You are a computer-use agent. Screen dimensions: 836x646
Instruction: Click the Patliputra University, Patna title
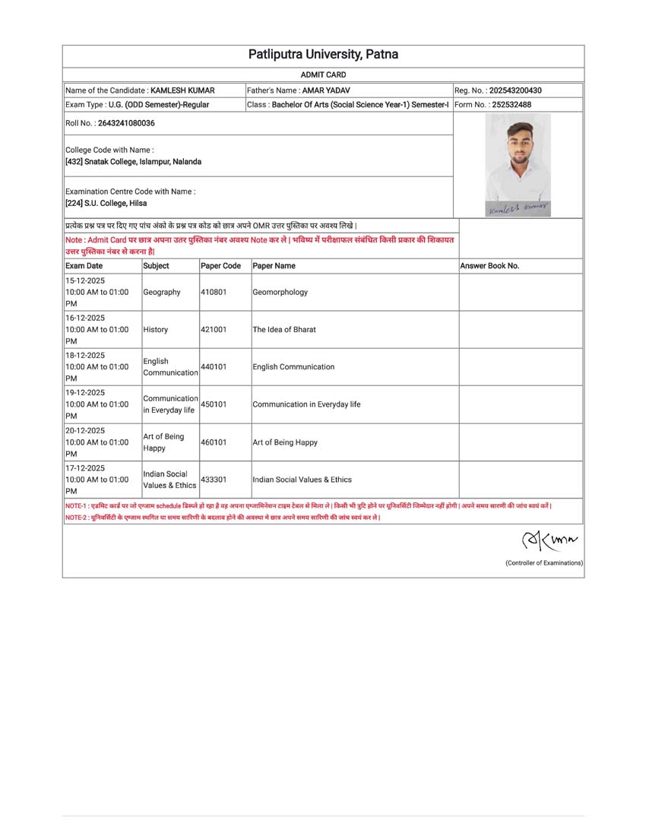point(323,55)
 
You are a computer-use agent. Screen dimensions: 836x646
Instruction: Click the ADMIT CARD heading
point(323,74)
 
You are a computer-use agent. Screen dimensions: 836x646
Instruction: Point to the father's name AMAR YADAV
point(326,90)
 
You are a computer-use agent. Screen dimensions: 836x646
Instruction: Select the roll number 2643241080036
point(126,123)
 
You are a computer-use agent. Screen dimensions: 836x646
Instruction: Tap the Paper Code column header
point(220,266)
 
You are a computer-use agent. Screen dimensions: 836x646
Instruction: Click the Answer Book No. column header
point(489,266)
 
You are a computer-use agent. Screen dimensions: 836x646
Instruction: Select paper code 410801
point(214,292)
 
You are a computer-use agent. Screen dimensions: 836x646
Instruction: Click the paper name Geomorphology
point(280,292)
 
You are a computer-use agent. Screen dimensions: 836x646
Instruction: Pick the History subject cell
point(156,330)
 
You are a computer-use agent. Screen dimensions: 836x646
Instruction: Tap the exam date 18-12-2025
point(85,356)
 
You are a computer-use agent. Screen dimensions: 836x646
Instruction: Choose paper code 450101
point(214,404)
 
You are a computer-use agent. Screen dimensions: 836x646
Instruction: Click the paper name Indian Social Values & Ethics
point(302,480)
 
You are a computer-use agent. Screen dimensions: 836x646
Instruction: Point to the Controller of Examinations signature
point(549,541)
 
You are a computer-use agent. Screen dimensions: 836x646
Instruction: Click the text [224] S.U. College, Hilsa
point(106,204)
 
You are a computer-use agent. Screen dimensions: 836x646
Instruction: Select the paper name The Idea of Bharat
point(284,330)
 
